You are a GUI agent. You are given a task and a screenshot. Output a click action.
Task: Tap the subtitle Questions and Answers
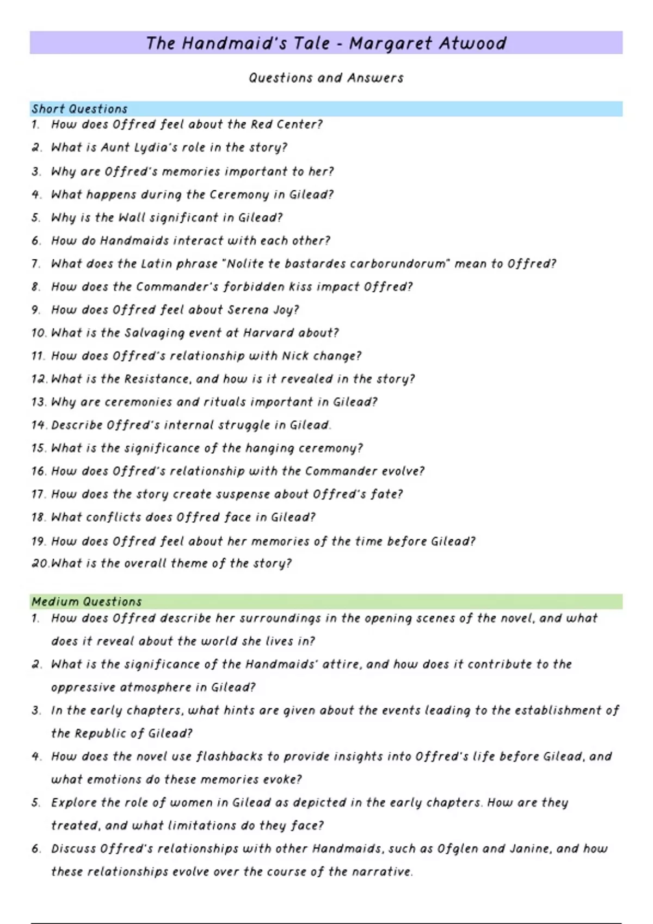pos(326,78)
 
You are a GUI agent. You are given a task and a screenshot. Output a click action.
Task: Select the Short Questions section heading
pos(79,109)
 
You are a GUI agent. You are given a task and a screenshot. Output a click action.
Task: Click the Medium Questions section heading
pos(87,602)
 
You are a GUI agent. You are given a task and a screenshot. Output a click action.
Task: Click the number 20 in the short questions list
pos(40,564)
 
